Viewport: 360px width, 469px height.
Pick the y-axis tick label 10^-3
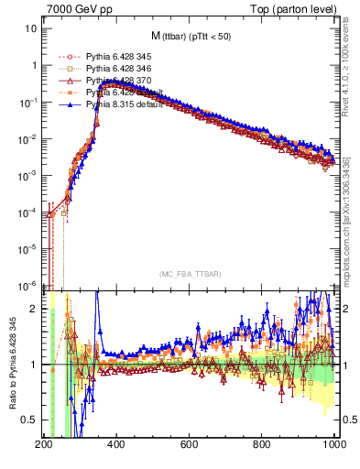pos(27,175)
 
